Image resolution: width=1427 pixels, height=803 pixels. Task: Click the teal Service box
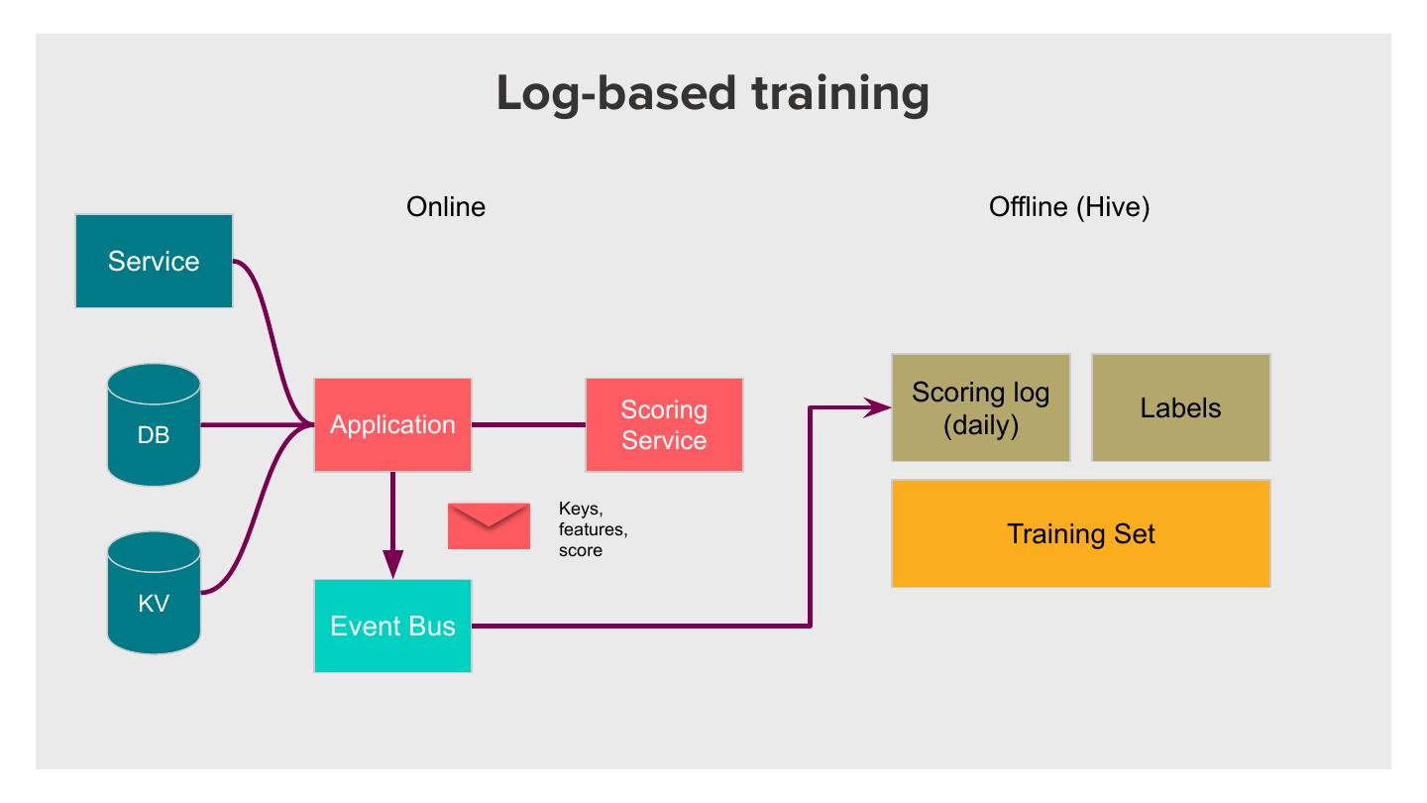(x=154, y=261)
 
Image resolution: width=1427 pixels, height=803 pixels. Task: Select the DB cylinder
(x=154, y=424)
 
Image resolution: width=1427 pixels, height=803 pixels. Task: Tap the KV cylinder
(x=154, y=593)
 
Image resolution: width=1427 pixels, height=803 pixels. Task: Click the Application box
(x=392, y=424)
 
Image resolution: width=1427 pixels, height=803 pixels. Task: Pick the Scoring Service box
(x=664, y=424)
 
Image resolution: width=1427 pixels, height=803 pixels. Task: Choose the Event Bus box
(x=392, y=626)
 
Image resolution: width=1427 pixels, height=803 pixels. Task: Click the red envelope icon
(x=489, y=525)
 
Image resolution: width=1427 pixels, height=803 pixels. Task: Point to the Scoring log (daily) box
(x=980, y=407)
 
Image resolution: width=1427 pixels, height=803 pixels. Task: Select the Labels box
(x=1180, y=407)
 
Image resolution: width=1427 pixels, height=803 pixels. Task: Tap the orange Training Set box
(x=1080, y=533)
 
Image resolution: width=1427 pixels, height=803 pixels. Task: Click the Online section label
(x=446, y=207)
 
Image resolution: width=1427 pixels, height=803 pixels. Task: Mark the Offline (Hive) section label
(x=1069, y=208)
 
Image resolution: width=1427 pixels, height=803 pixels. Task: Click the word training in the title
(x=840, y=94)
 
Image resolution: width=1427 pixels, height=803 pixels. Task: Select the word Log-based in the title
(x=616, y=94)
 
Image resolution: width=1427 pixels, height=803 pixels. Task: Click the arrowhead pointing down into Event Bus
(x=392, y=565)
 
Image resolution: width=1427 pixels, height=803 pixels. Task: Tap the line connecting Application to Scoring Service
(x=528, y=424)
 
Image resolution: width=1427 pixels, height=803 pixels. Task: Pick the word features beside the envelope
(x=593, y=529)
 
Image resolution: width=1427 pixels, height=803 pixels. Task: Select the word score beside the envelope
(x=581, y=550)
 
